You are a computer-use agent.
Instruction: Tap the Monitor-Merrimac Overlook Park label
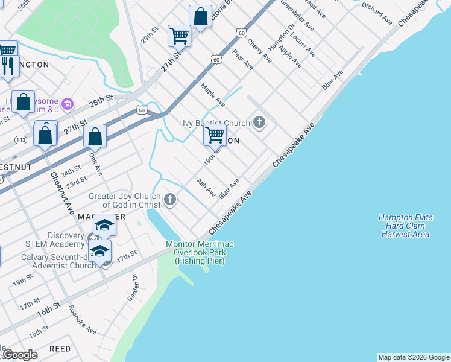[x=200, y=252]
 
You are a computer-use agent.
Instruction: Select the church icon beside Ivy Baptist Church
[x=260, y=123]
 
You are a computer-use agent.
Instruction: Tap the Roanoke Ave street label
[x=82, y=320]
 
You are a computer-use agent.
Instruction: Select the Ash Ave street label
[x=206, y=187]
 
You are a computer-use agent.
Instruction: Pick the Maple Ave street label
[x=213, y=94]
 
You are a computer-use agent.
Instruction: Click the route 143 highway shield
[x=21, y=139]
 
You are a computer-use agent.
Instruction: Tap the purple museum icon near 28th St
[x=68, y=105]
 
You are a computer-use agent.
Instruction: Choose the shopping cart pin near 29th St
[x=179, y=36]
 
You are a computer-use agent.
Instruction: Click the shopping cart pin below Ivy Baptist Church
[x=215, y=135]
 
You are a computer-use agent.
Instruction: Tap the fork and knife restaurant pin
[x=8, y=65]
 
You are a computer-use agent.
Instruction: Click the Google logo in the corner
[x=20, y=355]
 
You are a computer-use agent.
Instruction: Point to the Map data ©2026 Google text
[x=414, y=357]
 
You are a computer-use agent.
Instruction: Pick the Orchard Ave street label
[x=377, y=14]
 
